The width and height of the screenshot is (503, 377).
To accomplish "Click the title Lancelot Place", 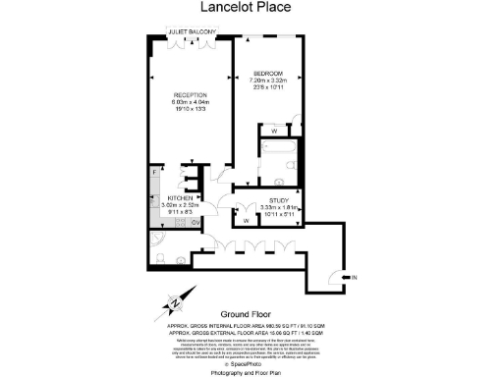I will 251,10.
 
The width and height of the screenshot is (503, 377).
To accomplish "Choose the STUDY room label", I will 278,200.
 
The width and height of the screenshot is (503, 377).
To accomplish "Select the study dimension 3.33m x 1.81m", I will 278,208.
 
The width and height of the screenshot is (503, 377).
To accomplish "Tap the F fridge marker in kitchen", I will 155,173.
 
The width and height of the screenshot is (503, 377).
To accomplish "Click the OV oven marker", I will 196,222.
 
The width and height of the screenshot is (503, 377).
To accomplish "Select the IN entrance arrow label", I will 356,280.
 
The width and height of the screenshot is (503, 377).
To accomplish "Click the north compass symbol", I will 175,301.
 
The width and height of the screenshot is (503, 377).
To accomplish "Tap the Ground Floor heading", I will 251,315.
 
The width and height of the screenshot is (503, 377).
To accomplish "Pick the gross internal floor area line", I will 251,325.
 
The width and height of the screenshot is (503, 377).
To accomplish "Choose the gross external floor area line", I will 251,333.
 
